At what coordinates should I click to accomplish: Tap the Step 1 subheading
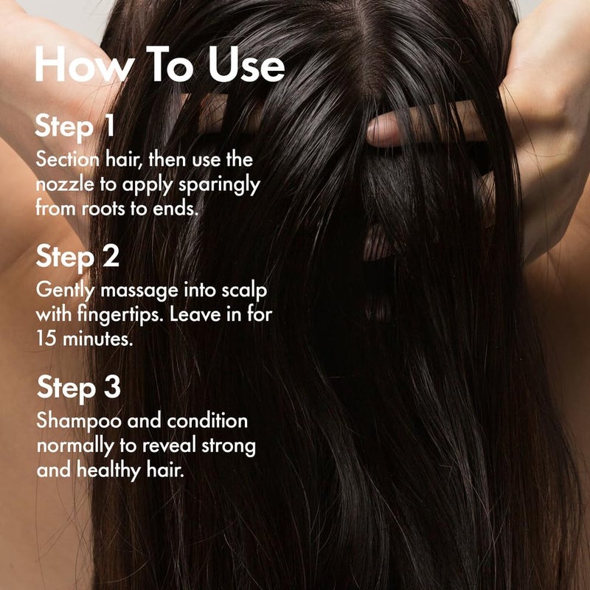pyautogui.click(x=75, y=125)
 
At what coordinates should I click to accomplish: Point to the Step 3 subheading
pyautogui.click(x=78, y=388)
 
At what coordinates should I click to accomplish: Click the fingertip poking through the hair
pyautogui.click(x=383, y=131)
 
